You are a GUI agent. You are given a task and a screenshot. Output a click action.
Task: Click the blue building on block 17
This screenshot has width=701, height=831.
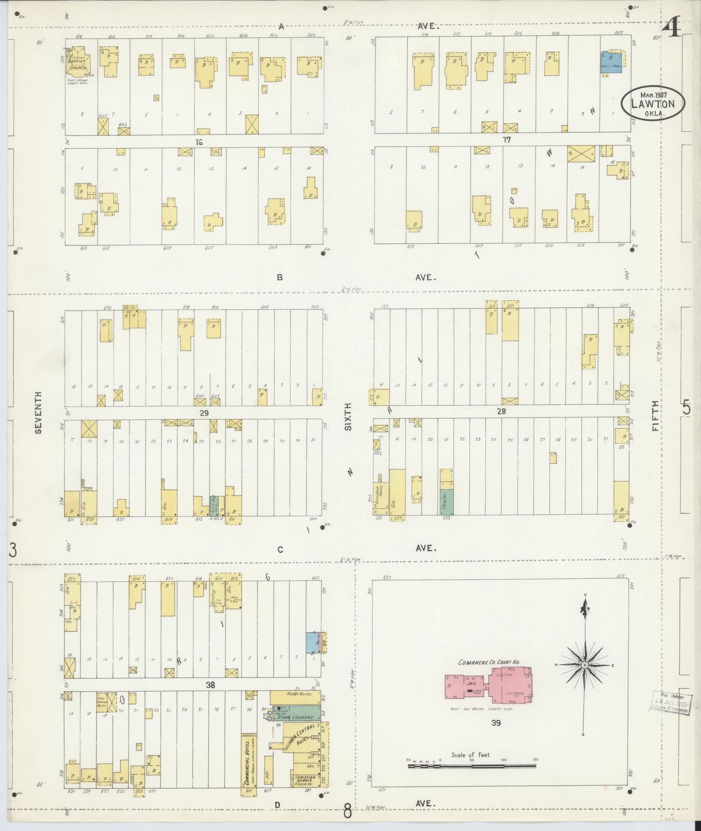click(x=611, y=62)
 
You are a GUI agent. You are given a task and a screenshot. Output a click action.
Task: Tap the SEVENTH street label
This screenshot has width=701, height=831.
click(x=39, y=412)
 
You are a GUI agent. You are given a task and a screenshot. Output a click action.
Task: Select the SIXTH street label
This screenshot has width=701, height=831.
click(x=348, y=416)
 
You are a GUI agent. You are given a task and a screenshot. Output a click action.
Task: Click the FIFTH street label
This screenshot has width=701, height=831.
click(x=655, y=416)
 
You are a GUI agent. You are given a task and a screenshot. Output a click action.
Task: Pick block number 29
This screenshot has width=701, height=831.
click(x=204, y=414)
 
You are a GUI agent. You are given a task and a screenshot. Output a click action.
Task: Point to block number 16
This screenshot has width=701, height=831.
click(x=199, y=142)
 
